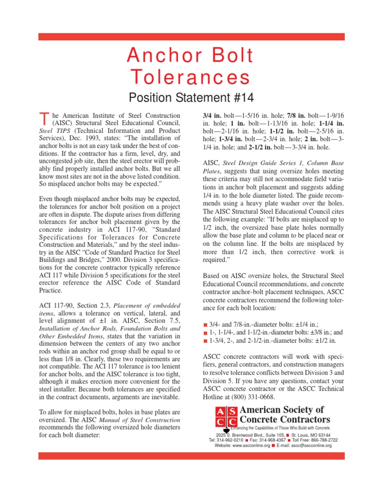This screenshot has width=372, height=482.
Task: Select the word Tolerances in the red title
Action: coord(191,77)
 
